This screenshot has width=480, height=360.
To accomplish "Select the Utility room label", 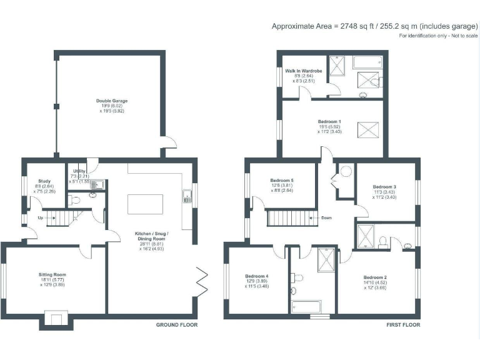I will coord(79,171).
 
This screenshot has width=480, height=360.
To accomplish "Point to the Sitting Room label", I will coord(52,274).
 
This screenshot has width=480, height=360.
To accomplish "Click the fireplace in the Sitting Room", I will coord(56,321).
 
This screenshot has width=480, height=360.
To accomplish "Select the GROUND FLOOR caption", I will coord(177,325).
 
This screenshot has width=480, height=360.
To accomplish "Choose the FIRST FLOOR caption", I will coord(402,325).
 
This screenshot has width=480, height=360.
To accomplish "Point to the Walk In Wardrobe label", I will coord(304,71).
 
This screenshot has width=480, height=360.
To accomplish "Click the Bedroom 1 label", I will coord(329,121).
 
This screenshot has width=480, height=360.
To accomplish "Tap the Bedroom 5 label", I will coord(282,181).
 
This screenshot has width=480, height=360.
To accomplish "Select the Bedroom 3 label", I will coord(384,187).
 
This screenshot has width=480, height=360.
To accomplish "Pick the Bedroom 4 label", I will coord(257,276).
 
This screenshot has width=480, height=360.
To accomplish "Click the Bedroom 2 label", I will coord(376,276).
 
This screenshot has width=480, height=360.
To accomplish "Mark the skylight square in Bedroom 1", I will coord(366,129).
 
